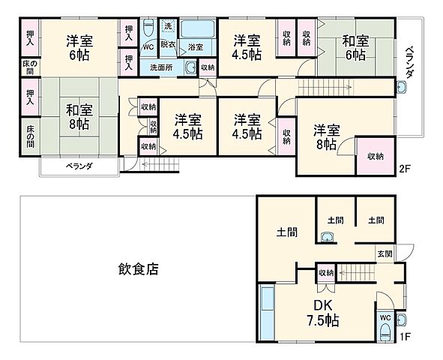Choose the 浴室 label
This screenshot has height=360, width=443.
coord(196,47)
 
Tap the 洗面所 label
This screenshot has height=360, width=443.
coord(160,67)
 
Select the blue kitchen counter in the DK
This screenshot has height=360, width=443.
coord(266,312)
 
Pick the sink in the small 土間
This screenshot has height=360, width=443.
coord(326,238)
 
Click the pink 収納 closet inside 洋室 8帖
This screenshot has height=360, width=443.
coord(375,156)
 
